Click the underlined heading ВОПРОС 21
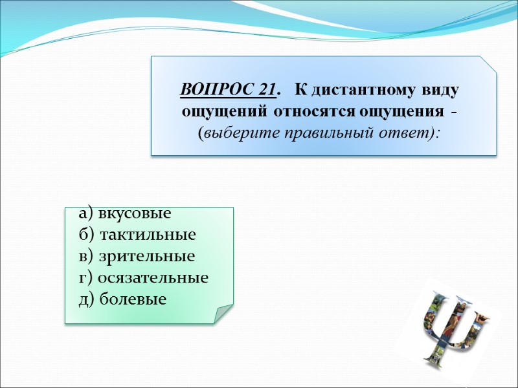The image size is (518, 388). [230, 89]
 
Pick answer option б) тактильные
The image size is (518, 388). [137, 235]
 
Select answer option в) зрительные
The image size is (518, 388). [137, 256]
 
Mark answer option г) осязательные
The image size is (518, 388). [144, 278]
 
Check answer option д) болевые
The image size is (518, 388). [122, 299]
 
